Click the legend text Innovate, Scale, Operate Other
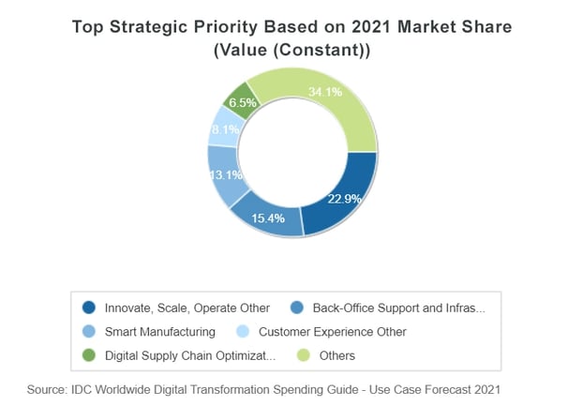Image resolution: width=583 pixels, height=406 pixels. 187,308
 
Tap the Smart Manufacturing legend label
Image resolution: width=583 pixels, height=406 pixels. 160,332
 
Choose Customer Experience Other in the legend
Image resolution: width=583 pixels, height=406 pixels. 332,332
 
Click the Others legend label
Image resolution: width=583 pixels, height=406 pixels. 336,356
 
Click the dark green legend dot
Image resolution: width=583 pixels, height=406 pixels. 89,356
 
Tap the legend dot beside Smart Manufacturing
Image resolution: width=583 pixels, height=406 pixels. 89,332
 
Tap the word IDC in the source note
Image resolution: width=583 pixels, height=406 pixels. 89,388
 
